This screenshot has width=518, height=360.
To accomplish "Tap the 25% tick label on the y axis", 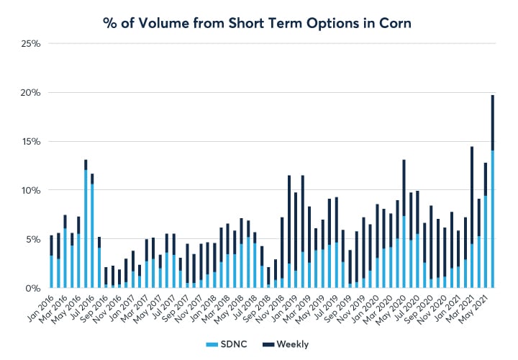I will click(31, 44).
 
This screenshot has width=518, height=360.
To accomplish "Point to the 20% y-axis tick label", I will click(31, 93).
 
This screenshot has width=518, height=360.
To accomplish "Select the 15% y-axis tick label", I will click(31, 142).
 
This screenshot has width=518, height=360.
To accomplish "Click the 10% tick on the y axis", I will click(31, 190).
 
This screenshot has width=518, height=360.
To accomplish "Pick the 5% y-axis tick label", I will click(33, 239).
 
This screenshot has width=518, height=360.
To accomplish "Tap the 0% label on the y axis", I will click(33, 288).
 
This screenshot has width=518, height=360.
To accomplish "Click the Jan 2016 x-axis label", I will click(41, 308).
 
